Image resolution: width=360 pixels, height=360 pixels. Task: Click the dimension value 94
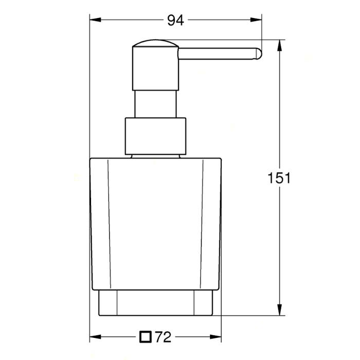pyautogui.click(x=175, y=20)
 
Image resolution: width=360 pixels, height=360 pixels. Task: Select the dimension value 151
pyautogui.click(x=279, y=178)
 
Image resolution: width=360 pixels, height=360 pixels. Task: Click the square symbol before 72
pyautogui.click(x=146, y=337)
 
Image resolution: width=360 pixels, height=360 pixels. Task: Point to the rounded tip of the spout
pyautogui.click(x=258, y=54)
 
